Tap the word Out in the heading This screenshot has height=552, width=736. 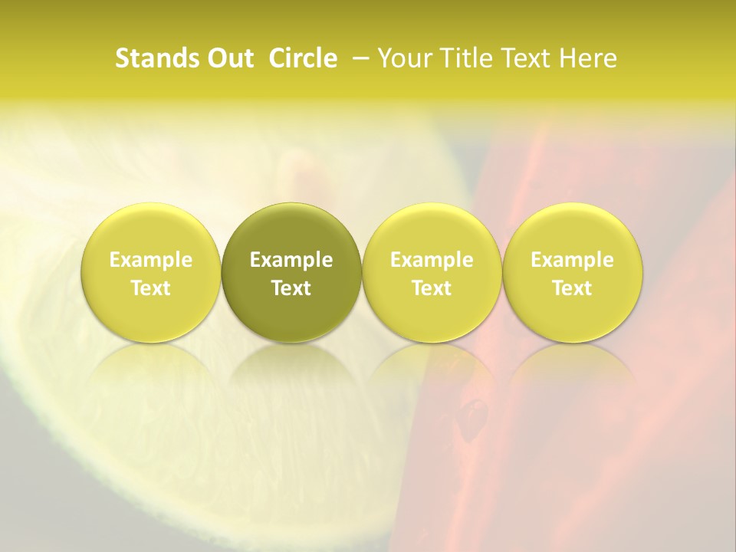point(228,58)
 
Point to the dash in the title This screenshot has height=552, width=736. point(359,58)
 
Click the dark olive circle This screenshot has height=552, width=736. point(291,230)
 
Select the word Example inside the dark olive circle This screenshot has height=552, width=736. point(291,260)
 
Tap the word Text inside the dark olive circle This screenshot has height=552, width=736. point(291,288)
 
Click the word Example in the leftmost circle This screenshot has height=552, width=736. point(151,260)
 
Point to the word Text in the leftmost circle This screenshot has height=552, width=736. point(151,288)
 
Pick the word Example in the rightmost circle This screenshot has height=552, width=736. point(572,260)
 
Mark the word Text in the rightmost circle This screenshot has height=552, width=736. point(572,288)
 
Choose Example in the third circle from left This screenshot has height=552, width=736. point(432,260)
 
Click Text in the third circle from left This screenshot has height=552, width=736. point(432,288)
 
